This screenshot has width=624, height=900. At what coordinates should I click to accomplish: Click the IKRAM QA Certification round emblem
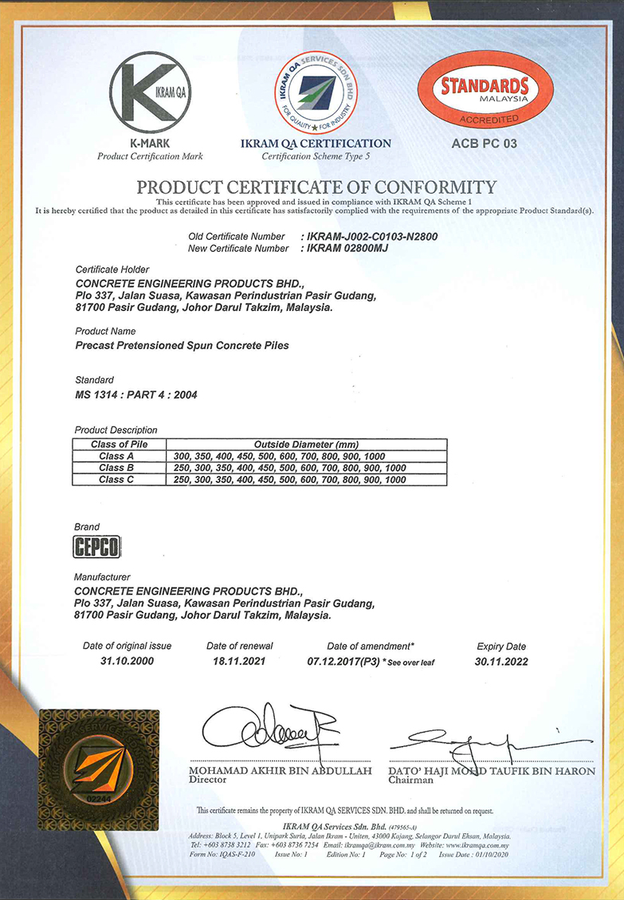click(316, 92)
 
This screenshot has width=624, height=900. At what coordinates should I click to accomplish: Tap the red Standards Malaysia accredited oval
click(485, 91)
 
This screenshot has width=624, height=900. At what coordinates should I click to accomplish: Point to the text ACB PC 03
click(484, 143)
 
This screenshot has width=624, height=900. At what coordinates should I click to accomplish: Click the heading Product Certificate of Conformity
click(316, 187)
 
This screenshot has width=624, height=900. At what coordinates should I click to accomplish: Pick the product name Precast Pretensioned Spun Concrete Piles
click(182, 346)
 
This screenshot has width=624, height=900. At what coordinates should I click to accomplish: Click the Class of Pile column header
click(120, 444)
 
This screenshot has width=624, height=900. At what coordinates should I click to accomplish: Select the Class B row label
click(117, 468)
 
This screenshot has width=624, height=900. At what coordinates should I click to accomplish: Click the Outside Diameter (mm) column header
click(307, 444)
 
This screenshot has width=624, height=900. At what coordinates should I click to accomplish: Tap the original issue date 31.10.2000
click(127, 662)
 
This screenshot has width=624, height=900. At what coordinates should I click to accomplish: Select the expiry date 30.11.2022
click(501, 662)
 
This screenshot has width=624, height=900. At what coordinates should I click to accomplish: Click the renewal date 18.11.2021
click(240, 662)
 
